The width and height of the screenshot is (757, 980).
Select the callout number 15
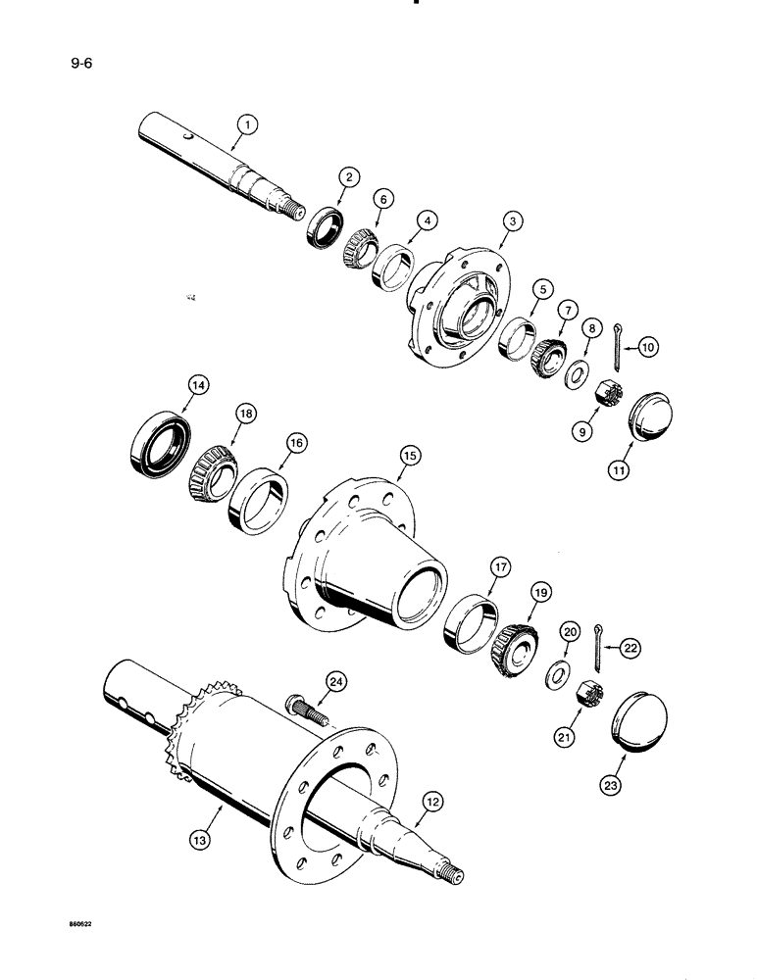(409, 456)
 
